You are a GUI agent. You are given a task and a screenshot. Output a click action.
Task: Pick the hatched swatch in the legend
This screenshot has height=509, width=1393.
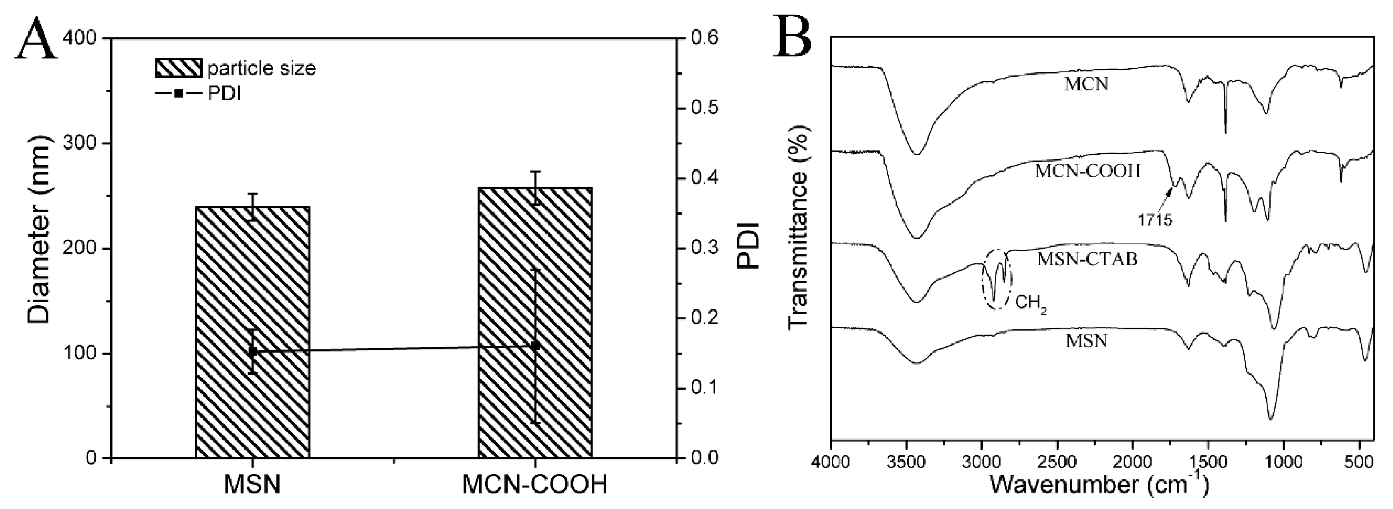tap(178, 68)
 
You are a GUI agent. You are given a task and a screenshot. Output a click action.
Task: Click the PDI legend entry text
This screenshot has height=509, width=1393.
tap(225, 94)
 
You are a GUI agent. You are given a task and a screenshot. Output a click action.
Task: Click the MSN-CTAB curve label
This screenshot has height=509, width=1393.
tap(1087, 259)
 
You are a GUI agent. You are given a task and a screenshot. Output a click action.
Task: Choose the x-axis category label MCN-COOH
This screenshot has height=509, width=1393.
tap(535, 485)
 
